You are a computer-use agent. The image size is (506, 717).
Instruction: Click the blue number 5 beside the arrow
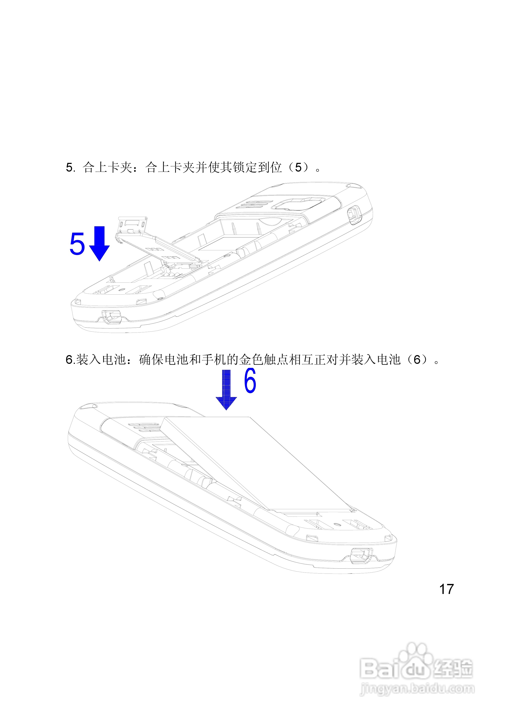tap(77, 244)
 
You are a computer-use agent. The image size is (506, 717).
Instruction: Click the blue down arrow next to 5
tap(99, 244)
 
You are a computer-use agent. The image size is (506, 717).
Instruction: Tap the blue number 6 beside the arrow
tap(250, 380)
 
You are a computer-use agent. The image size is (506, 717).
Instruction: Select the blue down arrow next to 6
tap(226, 390)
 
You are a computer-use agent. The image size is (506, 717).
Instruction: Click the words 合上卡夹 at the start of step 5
tap(108, 168)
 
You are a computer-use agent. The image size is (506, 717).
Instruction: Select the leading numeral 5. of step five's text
tap(70, 168)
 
